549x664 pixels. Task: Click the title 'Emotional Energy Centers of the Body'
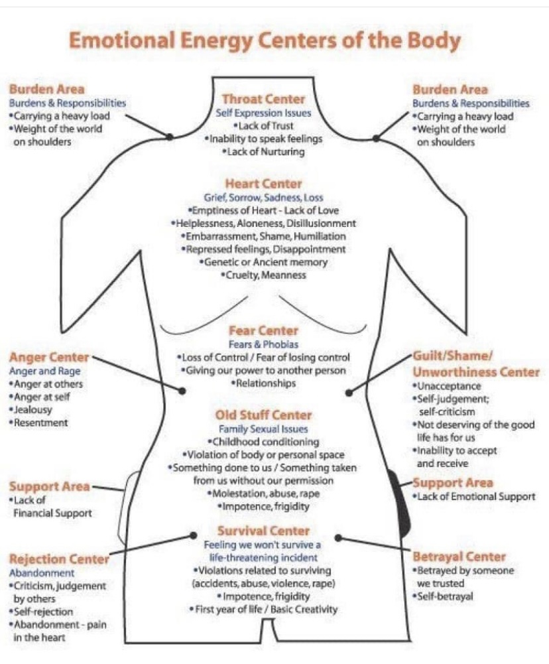point(265,41)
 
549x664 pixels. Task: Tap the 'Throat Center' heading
point(263,99)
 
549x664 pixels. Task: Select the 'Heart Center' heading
point(263,184)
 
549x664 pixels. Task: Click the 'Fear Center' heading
point(263,331)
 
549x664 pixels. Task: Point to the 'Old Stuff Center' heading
point(263,415)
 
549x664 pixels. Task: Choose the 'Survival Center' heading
point(263,531)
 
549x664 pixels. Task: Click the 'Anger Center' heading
point(49,358)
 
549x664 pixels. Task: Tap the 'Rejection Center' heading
point(59,559)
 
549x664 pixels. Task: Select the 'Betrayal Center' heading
point(459,557)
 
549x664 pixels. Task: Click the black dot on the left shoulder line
point(169,137)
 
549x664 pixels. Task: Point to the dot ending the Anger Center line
point(182,391)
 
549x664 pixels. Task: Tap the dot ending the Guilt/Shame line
point(349,393)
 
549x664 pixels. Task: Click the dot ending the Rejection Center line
point(194,535)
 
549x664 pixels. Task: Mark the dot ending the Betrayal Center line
point(337,538)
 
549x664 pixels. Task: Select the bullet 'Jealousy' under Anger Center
point(30,410)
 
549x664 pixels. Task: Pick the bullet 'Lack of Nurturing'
point(263,152)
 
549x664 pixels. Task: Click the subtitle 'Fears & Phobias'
point(263,344)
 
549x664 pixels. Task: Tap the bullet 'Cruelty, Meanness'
point(263,275)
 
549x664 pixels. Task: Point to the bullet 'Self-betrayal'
point(443,596)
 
